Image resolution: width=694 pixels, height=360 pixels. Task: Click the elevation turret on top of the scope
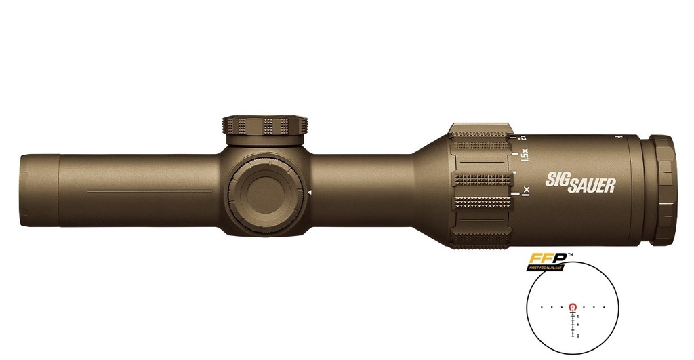pyautogui.click(x=264, y=125)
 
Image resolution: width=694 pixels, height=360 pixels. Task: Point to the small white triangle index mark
pyautogui.click(x=309, y=193)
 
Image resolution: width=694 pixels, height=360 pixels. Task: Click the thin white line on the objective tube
pyautogui.click(x=150, y=191)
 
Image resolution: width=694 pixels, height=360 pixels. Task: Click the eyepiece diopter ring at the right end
pyautogui.click(x=663, y=190)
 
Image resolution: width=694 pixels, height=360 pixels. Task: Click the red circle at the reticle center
pyautogui.click(x=573, y=306)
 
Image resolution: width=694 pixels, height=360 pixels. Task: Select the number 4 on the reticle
pyautogui.click(x=578, y=316)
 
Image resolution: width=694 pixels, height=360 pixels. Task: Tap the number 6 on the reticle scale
pyautogui.click(x=578, y=325)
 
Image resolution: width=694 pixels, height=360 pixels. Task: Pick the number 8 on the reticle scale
pyautogui.click(x=578, y=335)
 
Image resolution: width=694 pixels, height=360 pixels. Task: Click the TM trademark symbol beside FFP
pyautogui.click(x=571, y=255)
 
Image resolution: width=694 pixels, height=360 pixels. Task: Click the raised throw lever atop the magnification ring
pyautogui.click(x=481, y=129)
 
